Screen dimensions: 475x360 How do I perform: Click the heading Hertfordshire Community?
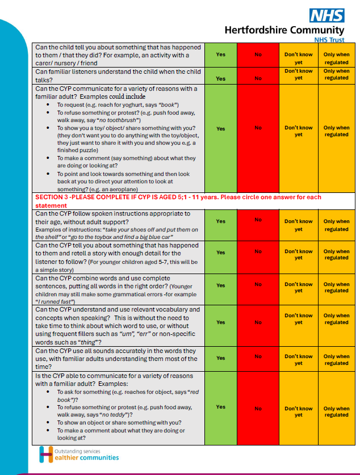tap(284, 30)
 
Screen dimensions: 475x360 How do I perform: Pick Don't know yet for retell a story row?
tap(298, 254)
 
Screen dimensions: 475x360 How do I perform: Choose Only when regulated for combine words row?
tap(336, 287)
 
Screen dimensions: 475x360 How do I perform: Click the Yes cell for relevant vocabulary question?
tap(221, 322)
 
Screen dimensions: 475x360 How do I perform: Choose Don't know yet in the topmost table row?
tap(298, 58)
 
